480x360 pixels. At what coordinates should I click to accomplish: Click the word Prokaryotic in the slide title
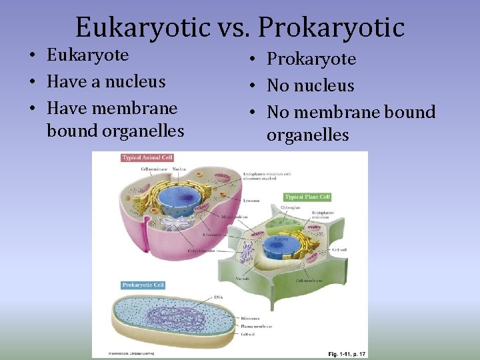coord(331,27)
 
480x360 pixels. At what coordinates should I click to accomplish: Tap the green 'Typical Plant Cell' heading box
coord(307,197)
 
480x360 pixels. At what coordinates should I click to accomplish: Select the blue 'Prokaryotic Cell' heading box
coord(143,285)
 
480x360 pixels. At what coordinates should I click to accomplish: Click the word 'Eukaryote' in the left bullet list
coord(87,55)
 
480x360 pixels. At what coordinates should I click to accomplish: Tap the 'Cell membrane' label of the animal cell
coord(154,169)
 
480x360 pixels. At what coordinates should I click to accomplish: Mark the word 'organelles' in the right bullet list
coord(307,135)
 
